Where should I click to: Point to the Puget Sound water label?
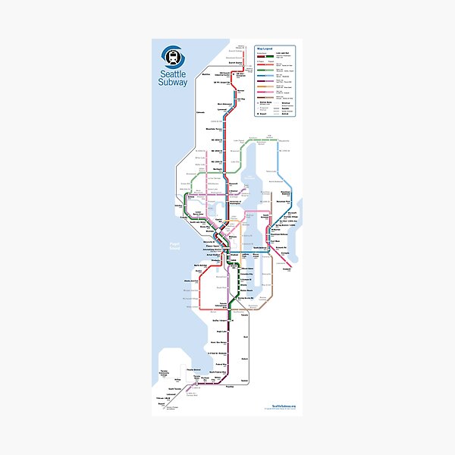pos(174,247)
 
